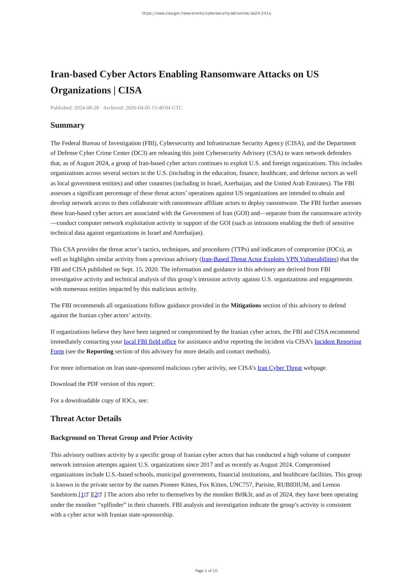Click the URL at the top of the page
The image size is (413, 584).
pos(206,13)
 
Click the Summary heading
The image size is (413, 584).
pos(68,125)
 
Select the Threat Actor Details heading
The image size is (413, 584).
pos(86,418)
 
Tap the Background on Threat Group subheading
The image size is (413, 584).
pos(121,438)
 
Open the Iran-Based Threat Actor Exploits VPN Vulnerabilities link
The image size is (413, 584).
pos(269,259)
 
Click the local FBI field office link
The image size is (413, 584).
pos(150,342)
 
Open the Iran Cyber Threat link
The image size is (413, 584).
pos(279,368)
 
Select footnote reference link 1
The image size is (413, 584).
pos(83,495)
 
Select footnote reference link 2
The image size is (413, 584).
pos(96,495)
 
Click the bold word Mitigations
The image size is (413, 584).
pos(246,305)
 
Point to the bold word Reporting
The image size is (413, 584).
pos(100,351)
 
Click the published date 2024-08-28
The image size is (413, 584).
pos(86,108)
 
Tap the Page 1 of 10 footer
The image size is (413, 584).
pos(206,571)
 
